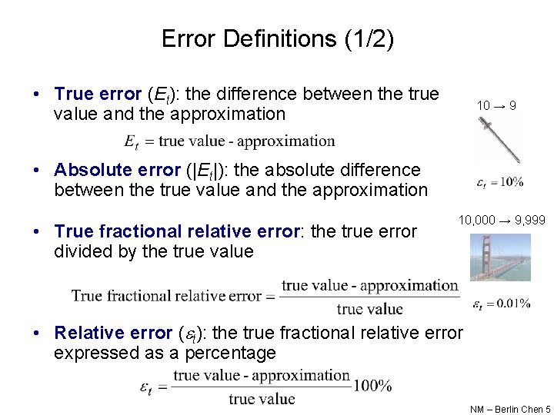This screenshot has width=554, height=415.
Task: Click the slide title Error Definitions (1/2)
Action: pyautogui.click(x=277, y=39)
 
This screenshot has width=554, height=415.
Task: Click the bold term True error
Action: pyautogui.click(x=97, y=95)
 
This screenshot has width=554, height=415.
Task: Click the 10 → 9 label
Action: pyautogui.click(x=496, y=105)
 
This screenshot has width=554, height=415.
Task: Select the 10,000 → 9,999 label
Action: pyautogui.click(x=502, y=221)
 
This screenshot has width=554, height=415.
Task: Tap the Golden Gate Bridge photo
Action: pyautogui.click(x=500, y=257)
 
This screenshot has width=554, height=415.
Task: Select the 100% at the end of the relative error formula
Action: pyautogui.click(x=372, y=386)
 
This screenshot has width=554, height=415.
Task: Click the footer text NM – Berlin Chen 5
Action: pyautogui.click(x=510, y=410)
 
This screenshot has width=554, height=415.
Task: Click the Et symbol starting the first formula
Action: pyautogui.click(x=131, y=141)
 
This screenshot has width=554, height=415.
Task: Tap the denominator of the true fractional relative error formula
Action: pyautogui.click(x=369, y=309)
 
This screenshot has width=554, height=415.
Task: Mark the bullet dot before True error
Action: pyautogui.click(x=37, y=95)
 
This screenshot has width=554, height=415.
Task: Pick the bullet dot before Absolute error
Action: pyautogui.click(x=37, y=170)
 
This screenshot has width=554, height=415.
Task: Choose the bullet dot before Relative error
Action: pyautogui.click(x=37, y=333)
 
